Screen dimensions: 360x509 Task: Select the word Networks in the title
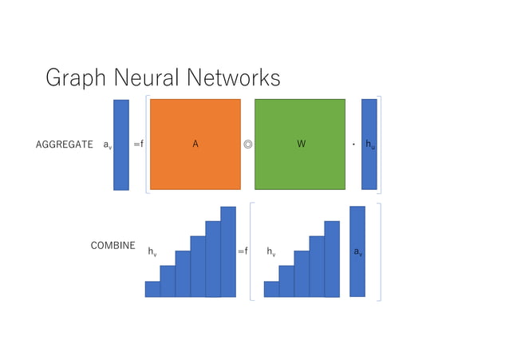[237, 78]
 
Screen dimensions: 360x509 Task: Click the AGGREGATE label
[65, 145]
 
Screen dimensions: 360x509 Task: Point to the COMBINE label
[112, 246]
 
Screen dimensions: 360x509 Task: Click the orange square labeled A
[195, 144]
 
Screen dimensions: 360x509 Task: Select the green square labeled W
[300, 144]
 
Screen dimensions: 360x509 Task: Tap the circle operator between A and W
[248, 145]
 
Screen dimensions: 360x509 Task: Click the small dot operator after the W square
[353, 145]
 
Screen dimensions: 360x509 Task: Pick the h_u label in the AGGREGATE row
[370, 145]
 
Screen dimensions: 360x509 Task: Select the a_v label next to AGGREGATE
[107, 145]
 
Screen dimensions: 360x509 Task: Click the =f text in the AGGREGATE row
[138, 145]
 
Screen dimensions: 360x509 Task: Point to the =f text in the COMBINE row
[243, 251]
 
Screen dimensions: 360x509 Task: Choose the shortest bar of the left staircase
[152, 289]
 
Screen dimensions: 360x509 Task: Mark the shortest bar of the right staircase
[271, 289]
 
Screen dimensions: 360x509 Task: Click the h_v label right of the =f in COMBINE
[271, 252]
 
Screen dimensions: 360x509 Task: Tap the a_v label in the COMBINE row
[357, 252]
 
